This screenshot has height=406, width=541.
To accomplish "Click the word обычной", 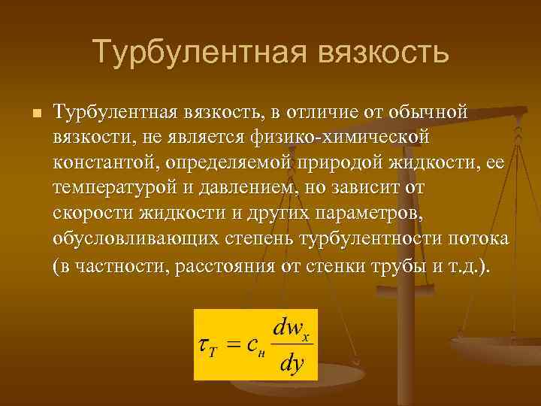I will pos(429,113).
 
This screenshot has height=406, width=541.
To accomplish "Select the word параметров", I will pos(368,215).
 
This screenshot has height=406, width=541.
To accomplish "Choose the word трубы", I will pos(398,267).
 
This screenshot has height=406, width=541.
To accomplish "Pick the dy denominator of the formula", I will pos(291,363).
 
